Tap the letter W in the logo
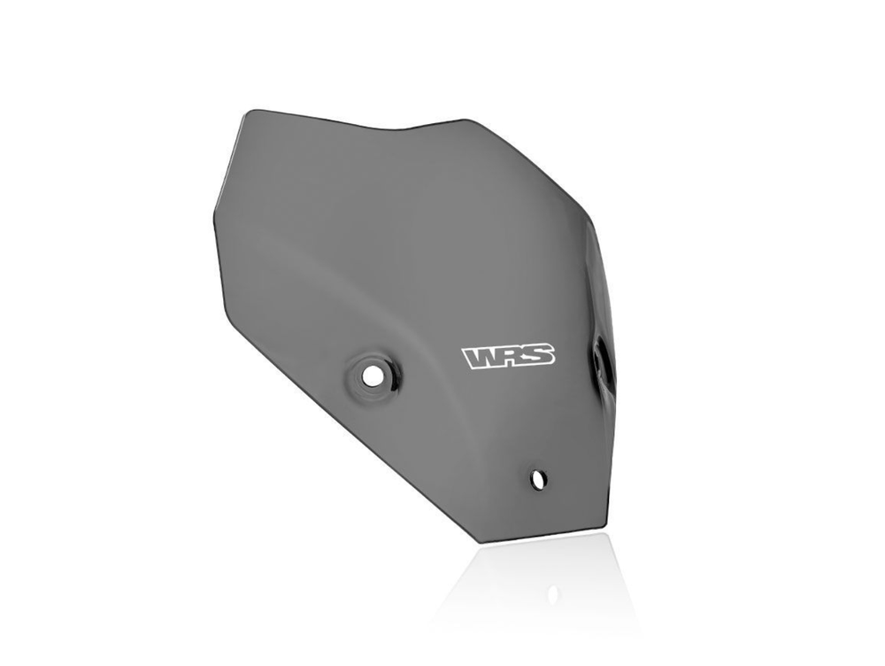(x=481, y=358)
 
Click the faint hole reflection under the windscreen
(x=552, y=593)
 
